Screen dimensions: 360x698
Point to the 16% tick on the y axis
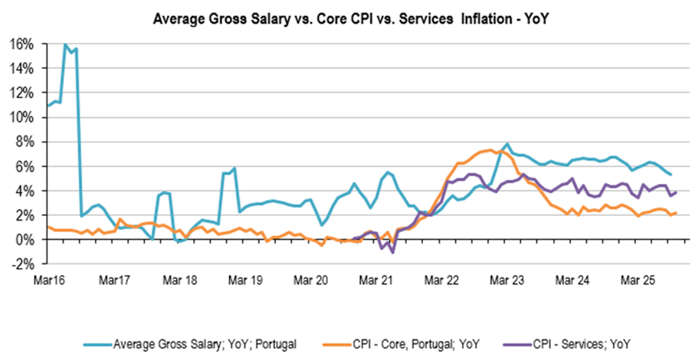tap(22, 44)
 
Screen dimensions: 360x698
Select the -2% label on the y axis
tap(22, 264)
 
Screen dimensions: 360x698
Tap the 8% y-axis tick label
tap(25, 142)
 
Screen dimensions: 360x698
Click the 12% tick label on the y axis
tap(22, 93)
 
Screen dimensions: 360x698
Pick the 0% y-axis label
tap(25, 240)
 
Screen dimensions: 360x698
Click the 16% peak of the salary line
tap(65, 45)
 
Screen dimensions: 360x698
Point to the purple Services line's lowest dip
tap(392, 252)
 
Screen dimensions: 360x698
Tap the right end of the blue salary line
tap(671, 175)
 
